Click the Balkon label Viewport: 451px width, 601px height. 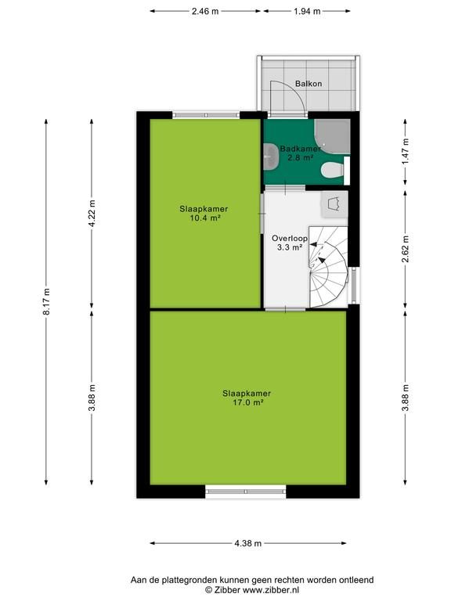pyautogui.click(x=308, y=84)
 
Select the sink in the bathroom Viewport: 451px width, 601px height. pyautogui.click(x=271, y=157)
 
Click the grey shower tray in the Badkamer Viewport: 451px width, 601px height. pyautogui.click(x=332, y=136)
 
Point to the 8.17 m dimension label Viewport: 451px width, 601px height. pyautogui.click(x=46, y=301)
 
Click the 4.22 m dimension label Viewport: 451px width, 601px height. pyautogui.click(x=92, y=214)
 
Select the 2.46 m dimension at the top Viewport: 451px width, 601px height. pyautogui.click(x=205, y=11)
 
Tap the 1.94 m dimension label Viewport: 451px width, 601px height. pyautogui.click(x=307, y=11)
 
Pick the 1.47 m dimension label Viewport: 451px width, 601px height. pyautogui.click(x=406, y=150)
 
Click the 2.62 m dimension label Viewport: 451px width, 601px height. pyautogui.click(x=406, y=249)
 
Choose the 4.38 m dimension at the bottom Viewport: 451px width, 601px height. pyautogui.click(x=248, y=543)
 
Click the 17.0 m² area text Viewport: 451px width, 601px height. pyautogui.click(x=247, y=402)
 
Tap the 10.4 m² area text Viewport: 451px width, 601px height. pyautogui.click(x=205, y=218)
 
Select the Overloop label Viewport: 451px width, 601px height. pyautogui.click(x=290, y=239)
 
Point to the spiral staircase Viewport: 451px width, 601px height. pyautogui.click(x=328, y=267)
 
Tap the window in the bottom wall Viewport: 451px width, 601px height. pyautogui.click(x=246, y=491)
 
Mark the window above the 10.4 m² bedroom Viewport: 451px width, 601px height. pyautogui.click(x=206, y=114)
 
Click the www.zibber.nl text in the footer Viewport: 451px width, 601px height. pyautogui.click(x=272, y=591)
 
